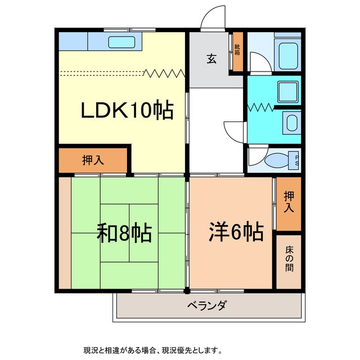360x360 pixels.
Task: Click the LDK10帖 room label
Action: click(127, 110)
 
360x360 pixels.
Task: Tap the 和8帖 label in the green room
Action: click(125, 232)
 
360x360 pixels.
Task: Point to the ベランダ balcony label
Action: click(206, 305)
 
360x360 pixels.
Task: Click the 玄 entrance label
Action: click(211, 58)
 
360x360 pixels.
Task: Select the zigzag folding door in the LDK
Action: click(164, 72)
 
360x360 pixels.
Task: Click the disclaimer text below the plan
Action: click(151, 350)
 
